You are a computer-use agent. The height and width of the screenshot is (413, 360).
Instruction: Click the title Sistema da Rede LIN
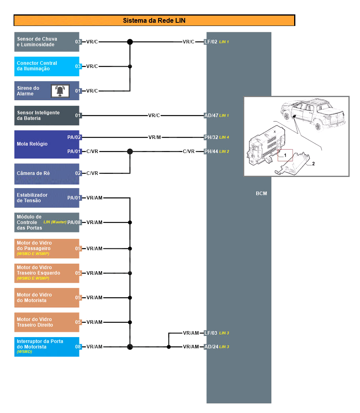point(154,20)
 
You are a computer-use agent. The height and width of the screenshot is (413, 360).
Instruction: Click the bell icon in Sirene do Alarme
point(60,91)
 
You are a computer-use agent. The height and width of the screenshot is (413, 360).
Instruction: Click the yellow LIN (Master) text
point(55,222)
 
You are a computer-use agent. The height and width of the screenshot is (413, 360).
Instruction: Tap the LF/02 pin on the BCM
point(211,42)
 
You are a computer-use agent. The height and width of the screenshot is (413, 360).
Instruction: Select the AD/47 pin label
point(211,115)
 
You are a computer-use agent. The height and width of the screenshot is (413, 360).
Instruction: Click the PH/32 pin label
point(211,137)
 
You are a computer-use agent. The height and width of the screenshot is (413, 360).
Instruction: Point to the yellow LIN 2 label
point(224,151)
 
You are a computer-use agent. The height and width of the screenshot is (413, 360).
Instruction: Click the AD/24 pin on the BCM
point(211,347)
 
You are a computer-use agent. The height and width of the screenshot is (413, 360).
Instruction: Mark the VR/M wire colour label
point(154,137)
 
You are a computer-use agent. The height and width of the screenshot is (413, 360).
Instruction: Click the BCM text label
point(261,194)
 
